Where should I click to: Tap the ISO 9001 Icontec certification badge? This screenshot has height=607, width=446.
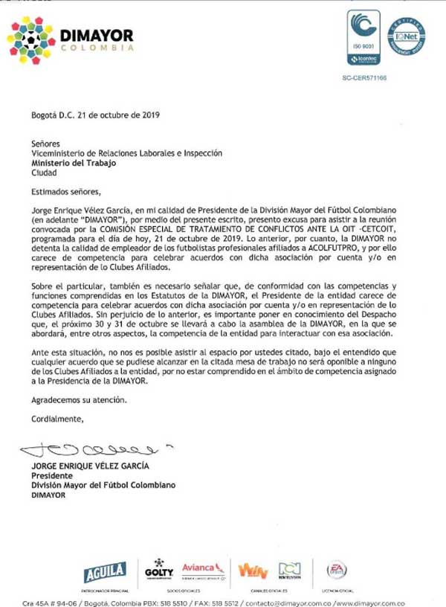pos(363,37)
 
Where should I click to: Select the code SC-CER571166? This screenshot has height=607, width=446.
pos(364,77)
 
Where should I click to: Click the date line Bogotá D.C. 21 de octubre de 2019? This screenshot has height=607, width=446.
pos(96,116)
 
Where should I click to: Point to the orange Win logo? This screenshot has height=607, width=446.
pos(253,571)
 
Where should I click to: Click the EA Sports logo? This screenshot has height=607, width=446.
pos(337,571)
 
